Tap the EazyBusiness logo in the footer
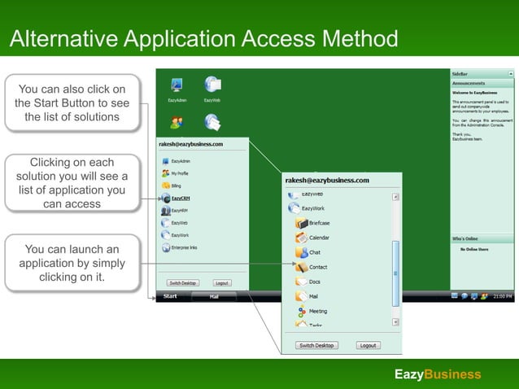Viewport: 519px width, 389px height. point(438,374)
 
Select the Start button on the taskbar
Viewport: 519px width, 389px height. point(170,296)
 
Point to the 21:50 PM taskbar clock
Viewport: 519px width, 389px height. point(503,296)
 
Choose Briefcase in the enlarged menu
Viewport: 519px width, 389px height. point(318,223)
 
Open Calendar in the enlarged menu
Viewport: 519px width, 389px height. point(318,238)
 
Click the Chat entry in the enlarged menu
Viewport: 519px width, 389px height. point(313,252)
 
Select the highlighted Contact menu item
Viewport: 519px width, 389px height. point(317,267)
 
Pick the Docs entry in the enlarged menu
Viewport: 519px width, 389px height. point(313,282)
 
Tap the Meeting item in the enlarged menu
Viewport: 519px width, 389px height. point(316,311)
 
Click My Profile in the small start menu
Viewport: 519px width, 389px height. point(179,173)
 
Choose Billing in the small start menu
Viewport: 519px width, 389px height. point(177,186)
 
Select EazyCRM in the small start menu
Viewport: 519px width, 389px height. point(180,198)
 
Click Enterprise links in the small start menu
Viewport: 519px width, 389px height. point(183,247)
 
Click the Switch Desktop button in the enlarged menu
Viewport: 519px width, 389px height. point(316,345)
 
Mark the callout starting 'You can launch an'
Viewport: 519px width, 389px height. point(72,263)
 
